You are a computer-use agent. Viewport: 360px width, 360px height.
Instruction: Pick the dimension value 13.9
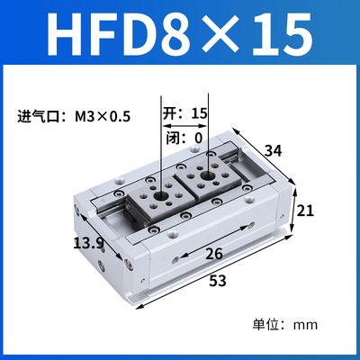tap(89, 243)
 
